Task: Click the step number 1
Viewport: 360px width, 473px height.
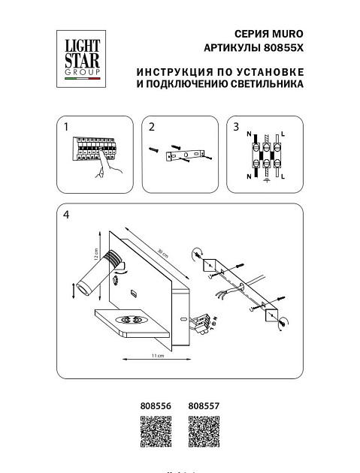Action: [x=67, y=127]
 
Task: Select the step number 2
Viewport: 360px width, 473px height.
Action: [x=151, y=127]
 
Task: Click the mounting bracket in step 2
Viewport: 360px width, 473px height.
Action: [x=184, y=155]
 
